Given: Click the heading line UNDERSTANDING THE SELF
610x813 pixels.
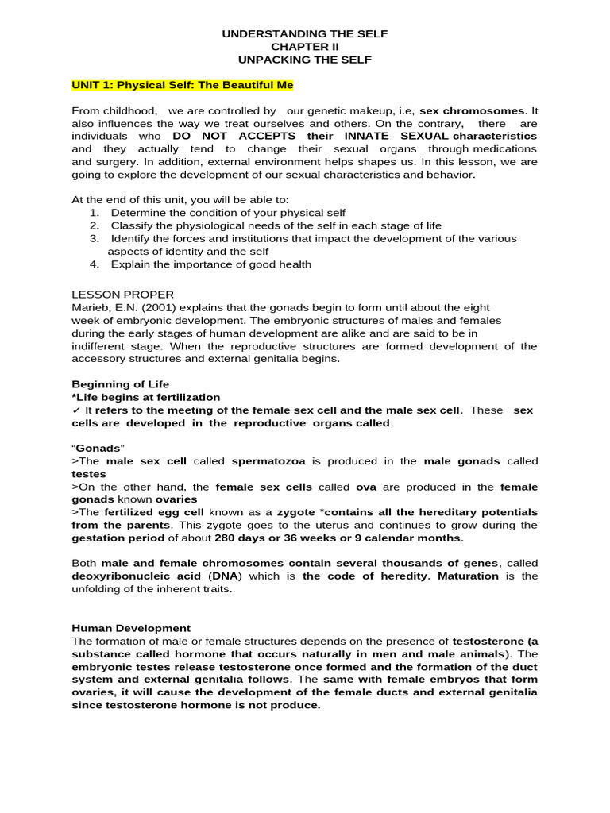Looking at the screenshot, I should click(x=305, y=34).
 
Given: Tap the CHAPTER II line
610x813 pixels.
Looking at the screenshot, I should click(x=305, y=47).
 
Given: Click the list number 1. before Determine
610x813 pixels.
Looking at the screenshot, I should click(x=95, y=213).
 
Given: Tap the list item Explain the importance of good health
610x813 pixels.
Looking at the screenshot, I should click(x=210, y=264).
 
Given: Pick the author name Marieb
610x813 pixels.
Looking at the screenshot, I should click(x=90, y=307).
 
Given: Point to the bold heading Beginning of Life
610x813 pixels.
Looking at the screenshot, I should click(x=120, y=384).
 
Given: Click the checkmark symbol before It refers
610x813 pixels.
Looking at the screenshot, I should click(x=75, y=410).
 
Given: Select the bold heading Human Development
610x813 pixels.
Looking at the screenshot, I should click(x=131, y=627).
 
